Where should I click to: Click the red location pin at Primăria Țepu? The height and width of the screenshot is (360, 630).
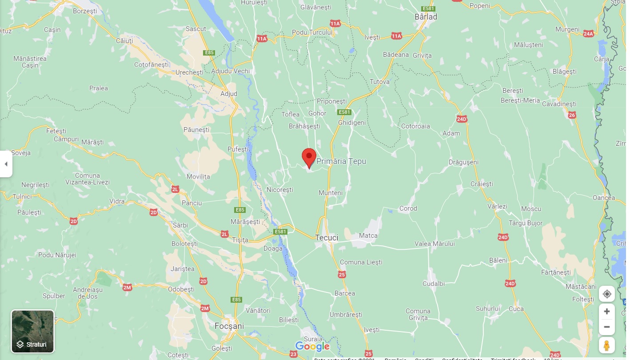(309, 157)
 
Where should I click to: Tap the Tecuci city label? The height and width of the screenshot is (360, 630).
(327, 238)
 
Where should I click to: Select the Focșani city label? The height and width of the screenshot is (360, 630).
(229, 326)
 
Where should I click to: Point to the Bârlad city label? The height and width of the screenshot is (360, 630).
(426, 17)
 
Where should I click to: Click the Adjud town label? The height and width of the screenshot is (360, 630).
(229, 94)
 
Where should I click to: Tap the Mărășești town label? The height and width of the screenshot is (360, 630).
(245, 221)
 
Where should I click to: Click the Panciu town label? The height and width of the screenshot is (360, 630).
(192, 203)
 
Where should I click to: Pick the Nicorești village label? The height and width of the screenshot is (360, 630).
(280, 190)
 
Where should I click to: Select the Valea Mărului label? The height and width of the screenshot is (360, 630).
(435, 244)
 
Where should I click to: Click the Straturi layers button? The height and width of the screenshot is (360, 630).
(32, 331)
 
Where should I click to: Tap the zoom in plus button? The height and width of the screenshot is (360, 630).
(607, 312)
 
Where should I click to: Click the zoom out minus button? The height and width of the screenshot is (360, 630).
(607, 327)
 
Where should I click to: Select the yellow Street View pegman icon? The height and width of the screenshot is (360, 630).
(607, 345)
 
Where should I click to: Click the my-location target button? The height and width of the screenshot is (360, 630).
(607, 294)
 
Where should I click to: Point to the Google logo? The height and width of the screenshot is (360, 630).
(312, 346)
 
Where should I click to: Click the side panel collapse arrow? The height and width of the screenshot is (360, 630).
(6, 164)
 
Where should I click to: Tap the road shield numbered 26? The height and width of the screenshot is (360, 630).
(572, 116)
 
